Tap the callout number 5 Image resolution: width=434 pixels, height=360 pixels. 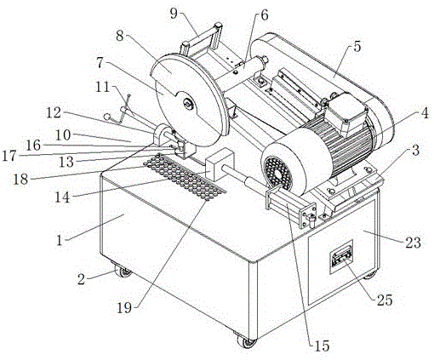[x=357, y=46]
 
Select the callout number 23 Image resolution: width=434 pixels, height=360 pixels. [x=413, y=243]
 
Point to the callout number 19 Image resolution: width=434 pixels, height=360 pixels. [x=124, y=307]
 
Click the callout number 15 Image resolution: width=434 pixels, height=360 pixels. [x=322, y=346]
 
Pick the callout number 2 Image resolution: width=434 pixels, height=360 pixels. [x=82, y=279]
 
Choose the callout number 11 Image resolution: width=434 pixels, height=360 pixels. [x=102, y=87]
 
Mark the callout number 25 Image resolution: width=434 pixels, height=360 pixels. [x=385, y=300]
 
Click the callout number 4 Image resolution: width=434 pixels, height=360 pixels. [x=425, y=114]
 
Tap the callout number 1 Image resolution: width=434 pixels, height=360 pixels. [x=60, y=241]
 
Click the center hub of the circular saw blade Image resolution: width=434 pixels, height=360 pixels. [x=188, y=104]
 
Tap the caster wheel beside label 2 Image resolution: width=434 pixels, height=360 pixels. [x=123, y=271]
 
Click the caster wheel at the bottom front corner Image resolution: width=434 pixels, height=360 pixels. [x=246, y=341]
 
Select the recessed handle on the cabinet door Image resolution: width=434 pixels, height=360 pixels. [x=341, y=257]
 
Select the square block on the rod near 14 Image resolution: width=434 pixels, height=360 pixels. [x=220, y=165]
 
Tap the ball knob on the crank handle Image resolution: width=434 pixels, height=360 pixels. [x=107, y=117]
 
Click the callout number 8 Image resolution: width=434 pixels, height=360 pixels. [x=120, y=37]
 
